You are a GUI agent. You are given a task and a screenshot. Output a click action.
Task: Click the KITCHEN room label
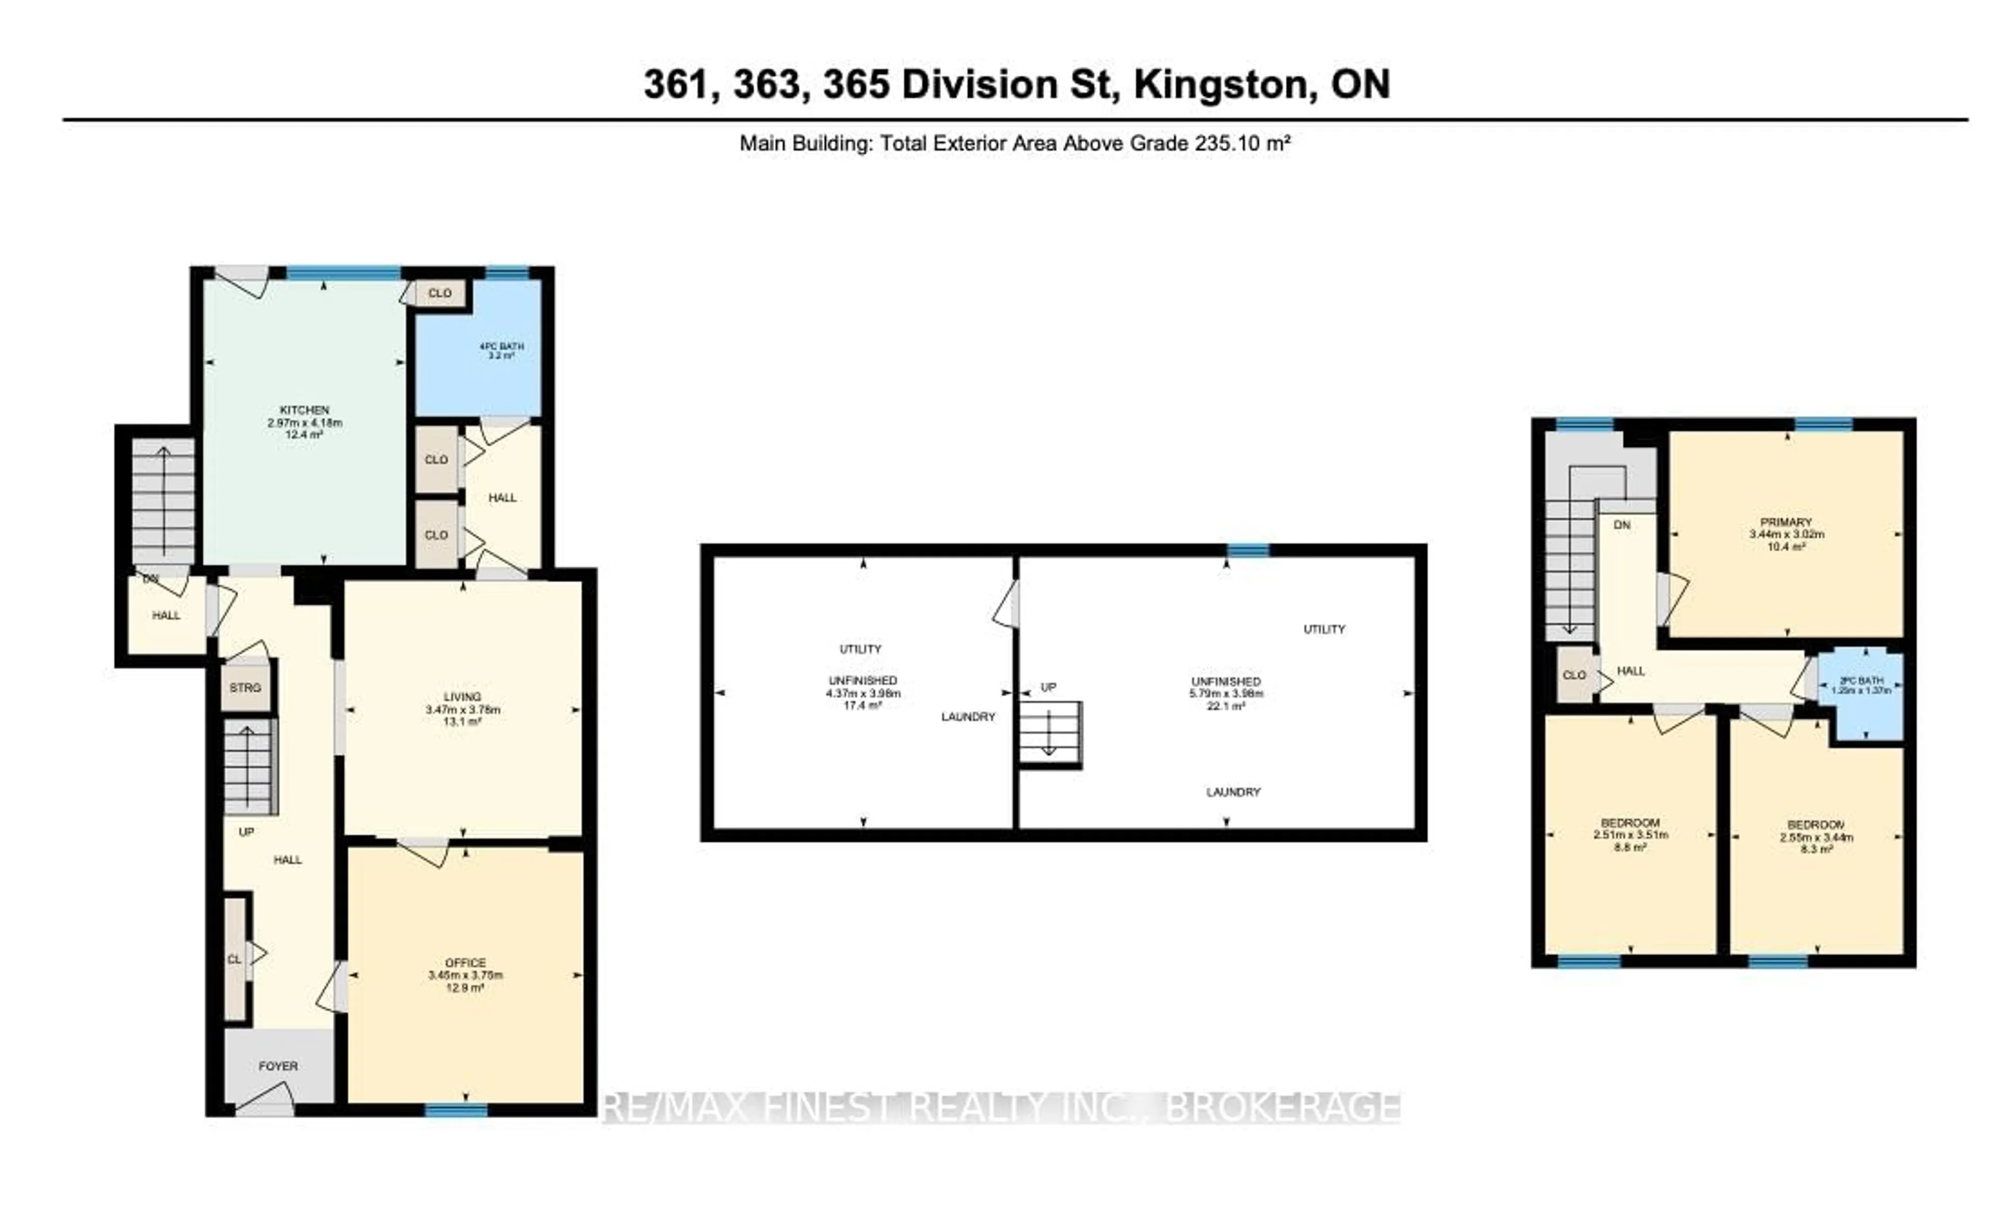click(304, 410)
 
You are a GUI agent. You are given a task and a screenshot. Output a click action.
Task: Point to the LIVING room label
click(462, 697)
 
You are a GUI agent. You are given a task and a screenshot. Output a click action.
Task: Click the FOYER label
click(278, 1066)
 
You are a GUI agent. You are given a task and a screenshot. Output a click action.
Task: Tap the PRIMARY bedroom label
click(1786, 522)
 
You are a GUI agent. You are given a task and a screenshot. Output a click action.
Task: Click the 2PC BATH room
click(1861, 686)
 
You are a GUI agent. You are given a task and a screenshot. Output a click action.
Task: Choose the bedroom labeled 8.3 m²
click(1816, 837)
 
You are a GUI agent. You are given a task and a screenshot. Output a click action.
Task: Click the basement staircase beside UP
click(1050, 733)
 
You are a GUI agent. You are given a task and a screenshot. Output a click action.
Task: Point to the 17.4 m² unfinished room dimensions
click(863, 694)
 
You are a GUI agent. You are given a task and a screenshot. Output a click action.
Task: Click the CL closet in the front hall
click(234, 960)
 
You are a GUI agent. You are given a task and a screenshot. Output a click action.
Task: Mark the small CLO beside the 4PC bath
click(440, 293)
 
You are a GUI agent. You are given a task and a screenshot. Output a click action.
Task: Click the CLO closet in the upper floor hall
click(1574, 675)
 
